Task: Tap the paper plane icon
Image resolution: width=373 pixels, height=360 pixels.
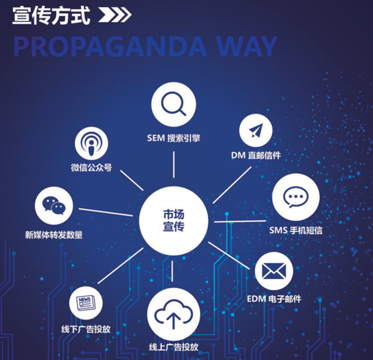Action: point(256,130)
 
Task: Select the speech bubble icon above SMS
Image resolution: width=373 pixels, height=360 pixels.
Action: point(295,197)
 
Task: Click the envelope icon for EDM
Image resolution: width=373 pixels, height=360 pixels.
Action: point(274,271)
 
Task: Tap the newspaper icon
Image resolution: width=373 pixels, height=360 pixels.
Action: point(86,303)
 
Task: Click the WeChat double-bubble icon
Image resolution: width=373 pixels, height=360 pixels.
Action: point(53,205)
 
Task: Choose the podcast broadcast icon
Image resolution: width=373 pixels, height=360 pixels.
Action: point(91,143)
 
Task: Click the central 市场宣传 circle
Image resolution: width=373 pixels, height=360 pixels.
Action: point(173,221)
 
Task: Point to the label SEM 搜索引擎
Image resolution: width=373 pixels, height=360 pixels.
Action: point(173,138)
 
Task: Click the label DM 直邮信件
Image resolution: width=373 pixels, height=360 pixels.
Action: point(256,155)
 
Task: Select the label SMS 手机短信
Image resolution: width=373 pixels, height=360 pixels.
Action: point(295,230)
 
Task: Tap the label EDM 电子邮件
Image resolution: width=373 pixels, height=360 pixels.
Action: point(274,299)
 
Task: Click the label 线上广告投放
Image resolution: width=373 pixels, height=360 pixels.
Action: point(173,347)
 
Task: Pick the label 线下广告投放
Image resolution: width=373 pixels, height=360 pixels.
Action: point(86,329)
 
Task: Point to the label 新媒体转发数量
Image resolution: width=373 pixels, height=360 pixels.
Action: point(53,235)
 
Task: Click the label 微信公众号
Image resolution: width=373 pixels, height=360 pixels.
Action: point(91,168)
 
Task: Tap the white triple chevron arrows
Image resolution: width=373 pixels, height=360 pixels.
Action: point(115,15)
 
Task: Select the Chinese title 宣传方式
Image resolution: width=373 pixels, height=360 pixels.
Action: point(51,15)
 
